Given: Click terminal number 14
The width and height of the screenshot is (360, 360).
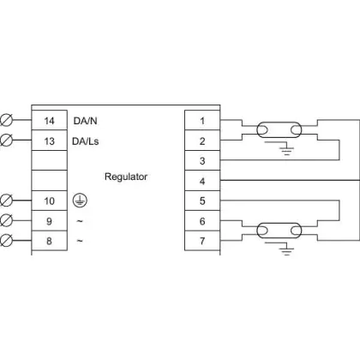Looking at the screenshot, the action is pos(49,121).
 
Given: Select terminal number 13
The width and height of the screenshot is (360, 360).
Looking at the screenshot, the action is pos(49,141).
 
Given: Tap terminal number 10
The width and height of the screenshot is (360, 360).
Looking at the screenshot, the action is pos(49,201).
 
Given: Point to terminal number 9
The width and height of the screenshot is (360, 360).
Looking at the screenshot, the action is pos(49,221).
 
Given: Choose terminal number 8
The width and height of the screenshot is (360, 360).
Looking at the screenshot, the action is pos(49,241).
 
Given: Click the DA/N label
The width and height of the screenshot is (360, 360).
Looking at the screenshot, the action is pos(85,121).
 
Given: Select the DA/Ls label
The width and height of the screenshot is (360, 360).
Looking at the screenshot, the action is pos(86,141).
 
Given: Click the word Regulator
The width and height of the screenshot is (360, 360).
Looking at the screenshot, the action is pos(126,177).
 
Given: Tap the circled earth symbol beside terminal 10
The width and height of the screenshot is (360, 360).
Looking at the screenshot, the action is pos(80,201).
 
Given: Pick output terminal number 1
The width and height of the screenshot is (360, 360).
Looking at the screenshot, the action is pos(202,121).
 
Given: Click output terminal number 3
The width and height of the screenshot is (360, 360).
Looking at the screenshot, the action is pos(202,161).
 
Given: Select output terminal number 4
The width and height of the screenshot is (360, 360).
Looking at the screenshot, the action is pos(202,181).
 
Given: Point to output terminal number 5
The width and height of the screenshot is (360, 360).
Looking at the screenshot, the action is pos(202,201).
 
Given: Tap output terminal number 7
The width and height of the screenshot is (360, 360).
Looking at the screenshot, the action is pos(202,241).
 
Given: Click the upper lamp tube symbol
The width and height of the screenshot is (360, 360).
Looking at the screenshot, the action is pos(279,130).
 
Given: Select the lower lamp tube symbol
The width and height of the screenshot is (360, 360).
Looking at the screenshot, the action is pos(279,231).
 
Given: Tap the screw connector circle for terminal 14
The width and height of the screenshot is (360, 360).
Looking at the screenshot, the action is pos(6,120).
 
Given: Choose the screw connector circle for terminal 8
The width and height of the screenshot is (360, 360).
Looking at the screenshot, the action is pos(6,241).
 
